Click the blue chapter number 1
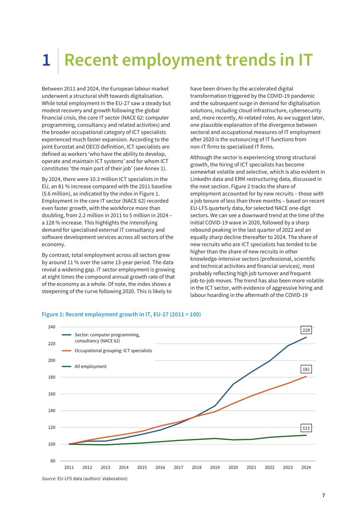tap(47, 60)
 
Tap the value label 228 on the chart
tap(306, 330)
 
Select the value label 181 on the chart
tap(306, 369)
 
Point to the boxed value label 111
tap(306, 428)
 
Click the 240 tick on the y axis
tap(52, 327)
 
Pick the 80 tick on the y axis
tap(53, 461)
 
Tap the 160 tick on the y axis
tap(52, 394)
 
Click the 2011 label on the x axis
tap(69, 468)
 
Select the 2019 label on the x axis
tap(215, 468)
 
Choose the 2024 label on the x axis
tap(306, 468)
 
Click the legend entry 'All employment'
tap(90, 367)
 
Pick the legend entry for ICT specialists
tap(113, 351)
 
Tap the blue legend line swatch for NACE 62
tap(67, 335)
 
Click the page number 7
tap(323, 495)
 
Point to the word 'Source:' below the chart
tap(49, 479)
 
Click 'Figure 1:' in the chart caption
tap(53, 314)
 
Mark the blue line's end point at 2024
tap(306, 337)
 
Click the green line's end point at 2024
tap(306, 435)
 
